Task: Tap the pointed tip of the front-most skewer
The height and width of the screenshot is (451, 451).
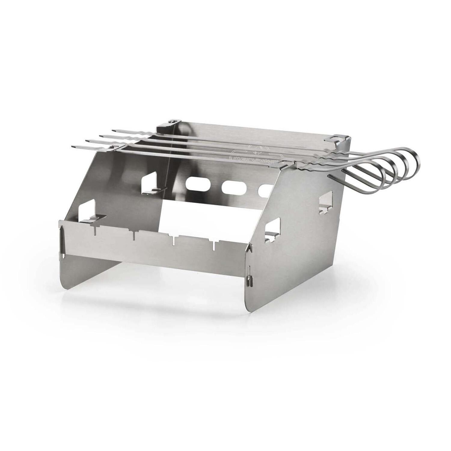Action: tap(73, 146)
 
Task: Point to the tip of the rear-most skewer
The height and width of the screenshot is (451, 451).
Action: tap(114, 130)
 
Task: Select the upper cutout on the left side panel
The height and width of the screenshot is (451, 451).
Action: tap(149, 182)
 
